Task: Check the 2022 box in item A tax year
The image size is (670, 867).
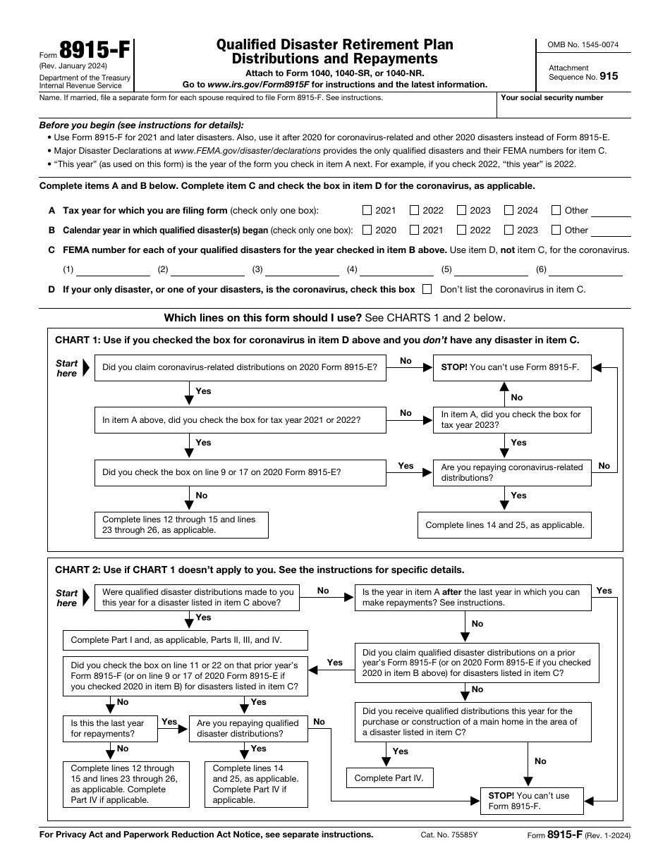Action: pos(415,210)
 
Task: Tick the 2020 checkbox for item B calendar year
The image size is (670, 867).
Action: pos(367,230)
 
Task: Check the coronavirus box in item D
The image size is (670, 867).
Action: pos(427,289)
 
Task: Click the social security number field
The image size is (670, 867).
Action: pos(564,109)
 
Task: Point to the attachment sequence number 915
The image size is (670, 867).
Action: pos(609,76)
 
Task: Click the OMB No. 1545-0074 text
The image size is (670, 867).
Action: pos(583,45)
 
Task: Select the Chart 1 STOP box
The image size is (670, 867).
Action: pos(512,367)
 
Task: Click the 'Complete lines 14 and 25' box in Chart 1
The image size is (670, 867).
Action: pos(505,525)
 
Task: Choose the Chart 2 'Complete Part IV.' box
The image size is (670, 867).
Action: pos(389,778)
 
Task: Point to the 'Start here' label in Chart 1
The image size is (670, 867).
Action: pos(67,368)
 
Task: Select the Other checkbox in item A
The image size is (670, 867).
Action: pos(556,210)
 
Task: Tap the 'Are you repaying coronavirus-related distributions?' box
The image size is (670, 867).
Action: pos(512,472)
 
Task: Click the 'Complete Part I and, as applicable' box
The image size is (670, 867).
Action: pos(185,640)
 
